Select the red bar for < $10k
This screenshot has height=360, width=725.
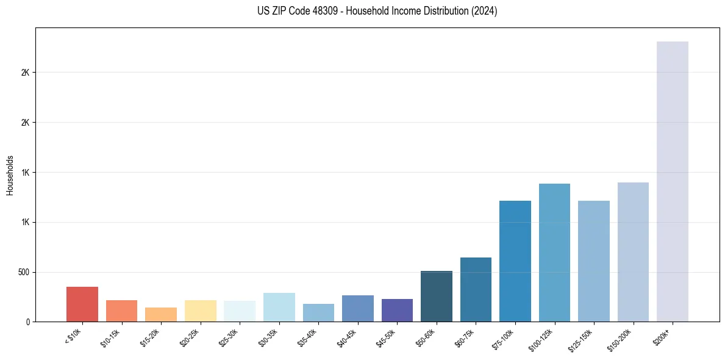click(x=82, y=304)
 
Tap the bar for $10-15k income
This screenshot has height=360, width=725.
click(x=121, y=311)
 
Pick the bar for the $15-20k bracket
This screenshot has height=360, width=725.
click(x=161, y=314)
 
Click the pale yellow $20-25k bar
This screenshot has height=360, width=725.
click(x=200, y=311)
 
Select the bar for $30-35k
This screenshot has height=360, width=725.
click(x=279, y=307)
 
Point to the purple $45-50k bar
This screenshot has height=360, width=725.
click(x=397, y=310)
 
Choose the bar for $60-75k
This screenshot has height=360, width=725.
click(x=476, y=289)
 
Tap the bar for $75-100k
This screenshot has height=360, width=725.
click(x=515, y=261)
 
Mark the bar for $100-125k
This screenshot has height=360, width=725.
click(x=554, y=253)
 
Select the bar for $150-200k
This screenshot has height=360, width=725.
click(x=633, y=252)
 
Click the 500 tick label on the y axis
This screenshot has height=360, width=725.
click(x=24, y=272)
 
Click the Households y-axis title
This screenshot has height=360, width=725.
click(x=10, y=175)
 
